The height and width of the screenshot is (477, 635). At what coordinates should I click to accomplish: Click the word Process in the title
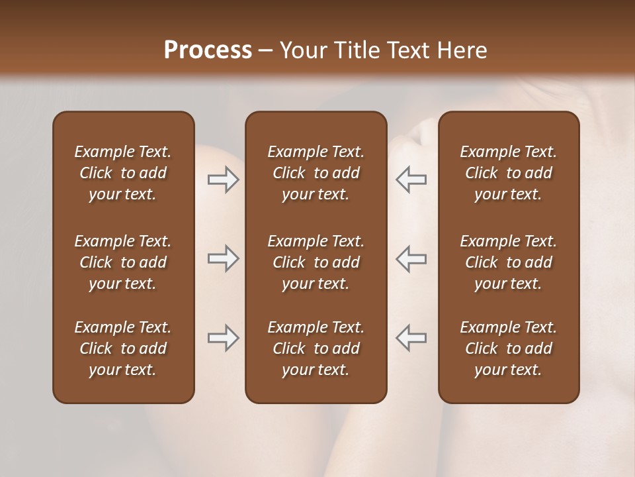click(208, 50)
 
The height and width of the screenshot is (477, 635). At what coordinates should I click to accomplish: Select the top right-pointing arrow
click(223, 180)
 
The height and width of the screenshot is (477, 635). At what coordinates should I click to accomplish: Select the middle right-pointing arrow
click(223, 258)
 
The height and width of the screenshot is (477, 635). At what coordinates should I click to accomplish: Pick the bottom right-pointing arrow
click(223, 338)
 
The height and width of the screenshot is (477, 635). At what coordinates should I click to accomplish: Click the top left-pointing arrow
click(411, 180)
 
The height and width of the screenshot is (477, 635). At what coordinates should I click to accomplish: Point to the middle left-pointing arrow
click(411, 258)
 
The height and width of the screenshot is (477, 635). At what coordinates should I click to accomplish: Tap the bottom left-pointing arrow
click(411, 338)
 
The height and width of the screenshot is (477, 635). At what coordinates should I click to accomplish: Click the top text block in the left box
click(123, 173)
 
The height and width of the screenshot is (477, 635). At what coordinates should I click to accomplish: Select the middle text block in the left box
click(123, 262)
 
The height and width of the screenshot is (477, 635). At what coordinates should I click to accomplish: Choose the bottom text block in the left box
click(123, 348)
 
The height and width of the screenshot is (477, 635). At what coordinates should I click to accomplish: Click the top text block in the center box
click(316, 173)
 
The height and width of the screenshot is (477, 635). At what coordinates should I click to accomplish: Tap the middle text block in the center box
click(316, 262)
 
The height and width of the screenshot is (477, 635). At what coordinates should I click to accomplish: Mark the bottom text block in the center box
click(316, 348)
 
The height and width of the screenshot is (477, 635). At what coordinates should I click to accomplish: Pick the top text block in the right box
click(508, 173)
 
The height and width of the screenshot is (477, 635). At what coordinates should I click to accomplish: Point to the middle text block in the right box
click(508, 262)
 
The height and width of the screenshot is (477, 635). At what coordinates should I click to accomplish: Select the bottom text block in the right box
click(508, 348)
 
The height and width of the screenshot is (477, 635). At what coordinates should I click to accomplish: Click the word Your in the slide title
click(303, 50)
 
